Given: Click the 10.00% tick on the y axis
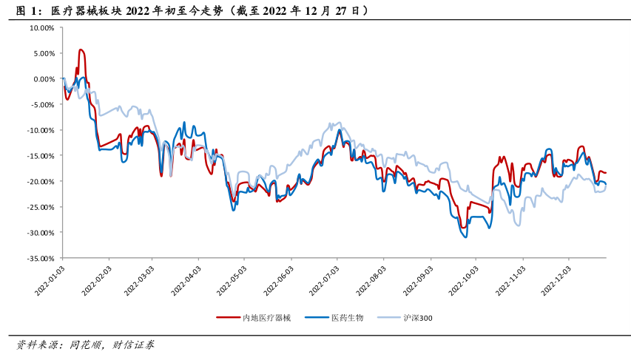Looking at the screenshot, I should [x=41, y=28].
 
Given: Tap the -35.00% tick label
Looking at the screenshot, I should [x=40, y=259].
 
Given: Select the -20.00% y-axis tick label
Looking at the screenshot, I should [x=40, y=182].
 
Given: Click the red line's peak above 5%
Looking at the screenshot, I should [x=81, y=50].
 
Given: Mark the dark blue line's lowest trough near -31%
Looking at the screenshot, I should [x=465, y=237].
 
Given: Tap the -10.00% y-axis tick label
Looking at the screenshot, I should [x=40, y=130].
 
